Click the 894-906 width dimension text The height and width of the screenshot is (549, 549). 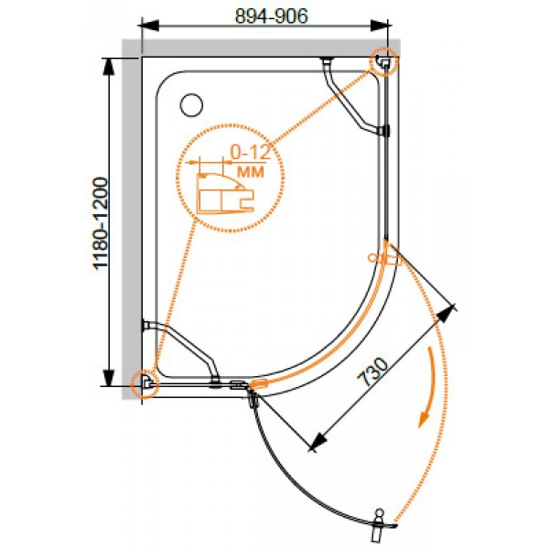[271, 16]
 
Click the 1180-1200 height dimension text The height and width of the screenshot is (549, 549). [100, 224]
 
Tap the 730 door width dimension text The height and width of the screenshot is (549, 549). [373, 371]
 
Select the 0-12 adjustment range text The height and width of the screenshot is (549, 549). [250, 152]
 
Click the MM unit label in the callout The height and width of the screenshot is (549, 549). [250, 172]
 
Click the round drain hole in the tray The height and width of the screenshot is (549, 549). [191, 105]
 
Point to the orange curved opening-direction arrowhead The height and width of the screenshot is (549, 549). [424, 419]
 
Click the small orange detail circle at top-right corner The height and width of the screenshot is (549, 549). [384, 62]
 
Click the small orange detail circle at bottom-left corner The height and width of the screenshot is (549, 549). [145, 384]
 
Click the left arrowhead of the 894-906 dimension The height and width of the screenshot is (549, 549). [150, 25]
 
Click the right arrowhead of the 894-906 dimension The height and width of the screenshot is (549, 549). [380, 25]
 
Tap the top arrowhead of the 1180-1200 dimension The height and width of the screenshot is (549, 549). [110, 67]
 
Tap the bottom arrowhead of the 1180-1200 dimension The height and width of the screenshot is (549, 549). [110, 377]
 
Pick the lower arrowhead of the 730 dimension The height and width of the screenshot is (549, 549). [318, 441]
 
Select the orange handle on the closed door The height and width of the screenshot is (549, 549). [384, 259]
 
